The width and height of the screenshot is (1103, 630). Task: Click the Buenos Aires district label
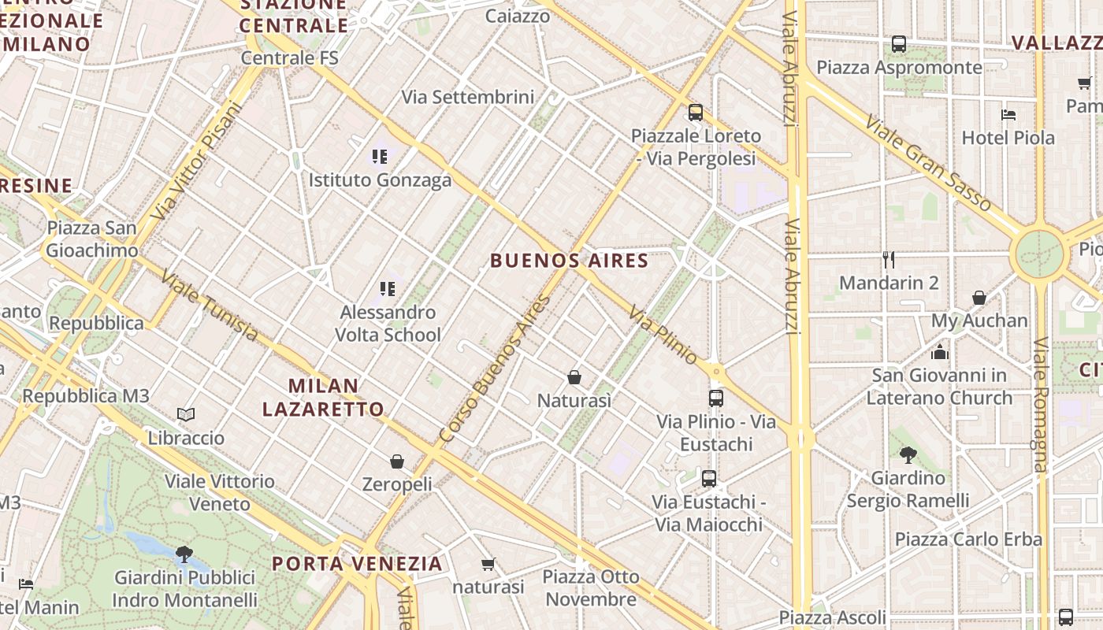(x=569, y=261)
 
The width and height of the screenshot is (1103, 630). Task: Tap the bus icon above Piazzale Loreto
(x=695, y=113)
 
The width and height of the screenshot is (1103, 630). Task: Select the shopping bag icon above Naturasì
(x=574, y=378)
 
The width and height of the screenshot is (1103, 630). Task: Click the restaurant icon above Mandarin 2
(x=889, y=259)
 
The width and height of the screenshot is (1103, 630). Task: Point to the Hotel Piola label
(x=1008, y=138)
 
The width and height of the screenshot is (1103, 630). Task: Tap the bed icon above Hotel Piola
(x=1008, y=115)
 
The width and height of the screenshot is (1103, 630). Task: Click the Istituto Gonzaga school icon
(x=380, y=157)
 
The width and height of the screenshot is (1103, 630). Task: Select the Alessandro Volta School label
(x=388, y=324)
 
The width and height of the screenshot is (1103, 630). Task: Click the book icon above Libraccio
(x=186, y=414)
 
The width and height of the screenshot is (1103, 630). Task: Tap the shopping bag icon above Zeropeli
(x=397, y=461)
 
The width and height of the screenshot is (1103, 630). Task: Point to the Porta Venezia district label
(x=357, y=564)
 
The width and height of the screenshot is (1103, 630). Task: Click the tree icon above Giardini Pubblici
(x=184, y=554)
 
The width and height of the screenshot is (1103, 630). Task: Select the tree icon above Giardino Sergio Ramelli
(x=908, y=454)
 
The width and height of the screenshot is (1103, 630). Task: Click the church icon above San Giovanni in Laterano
(x=939, y=351)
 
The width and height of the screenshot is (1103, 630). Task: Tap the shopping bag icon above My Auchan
(x=979, y=298)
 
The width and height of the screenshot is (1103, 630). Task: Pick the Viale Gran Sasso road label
(x=927, y=164)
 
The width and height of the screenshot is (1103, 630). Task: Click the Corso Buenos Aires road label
(x=494, y=368)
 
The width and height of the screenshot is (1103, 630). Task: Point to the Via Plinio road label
(x=663, y=335)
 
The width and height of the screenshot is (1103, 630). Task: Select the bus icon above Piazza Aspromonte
(x=898, y=44)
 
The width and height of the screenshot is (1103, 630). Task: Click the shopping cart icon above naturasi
(x=488, y=564)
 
